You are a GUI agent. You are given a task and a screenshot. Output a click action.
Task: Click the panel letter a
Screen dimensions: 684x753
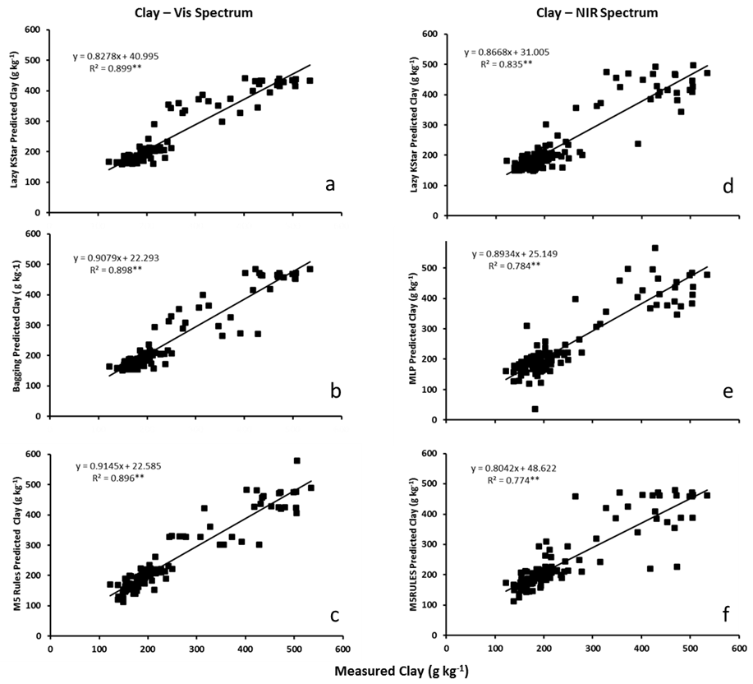pos(329,184)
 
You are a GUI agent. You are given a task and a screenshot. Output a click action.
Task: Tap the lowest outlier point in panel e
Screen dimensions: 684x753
pos(535,409)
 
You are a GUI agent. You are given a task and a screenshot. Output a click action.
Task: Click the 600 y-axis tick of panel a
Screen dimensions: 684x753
pos(34,30)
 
